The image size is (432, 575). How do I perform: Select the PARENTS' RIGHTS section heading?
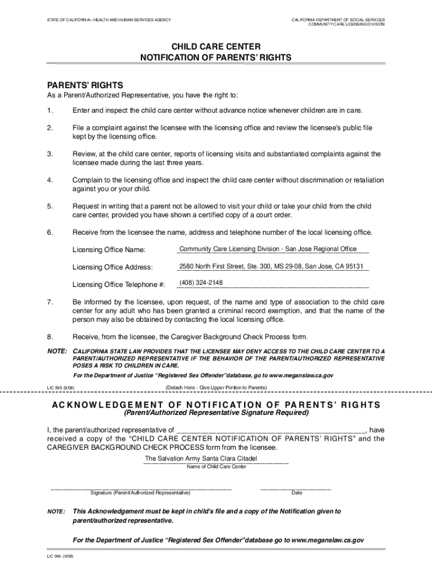click(x=85, y=85)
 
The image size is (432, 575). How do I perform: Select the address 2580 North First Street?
click(x=271, y=266)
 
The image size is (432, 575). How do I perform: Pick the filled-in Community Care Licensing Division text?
click(x=268, y=249)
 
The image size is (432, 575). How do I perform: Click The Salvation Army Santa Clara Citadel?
click(x=201, y=459)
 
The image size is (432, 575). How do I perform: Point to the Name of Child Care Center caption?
click(x=216, y=467)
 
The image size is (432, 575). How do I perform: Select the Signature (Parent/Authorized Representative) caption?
click(x=140, y=493)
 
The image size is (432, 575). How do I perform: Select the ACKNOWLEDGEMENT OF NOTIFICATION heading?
click(x=216, y=405)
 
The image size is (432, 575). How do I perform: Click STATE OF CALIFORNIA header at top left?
click(x=109, y=21)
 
